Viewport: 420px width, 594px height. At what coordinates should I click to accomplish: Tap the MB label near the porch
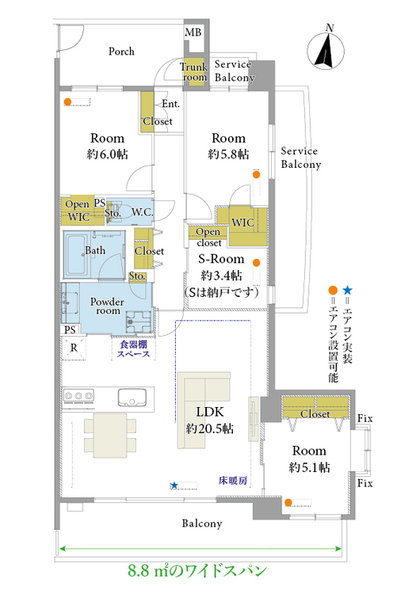pos(193,32)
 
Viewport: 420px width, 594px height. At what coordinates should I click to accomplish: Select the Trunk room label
pos(193,71)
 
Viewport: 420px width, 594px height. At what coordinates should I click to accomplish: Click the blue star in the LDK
pos(174,485)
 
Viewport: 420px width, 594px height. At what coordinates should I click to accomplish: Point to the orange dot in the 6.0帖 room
pos(67,101)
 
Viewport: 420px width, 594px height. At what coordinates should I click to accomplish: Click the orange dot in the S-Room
pos(256,262)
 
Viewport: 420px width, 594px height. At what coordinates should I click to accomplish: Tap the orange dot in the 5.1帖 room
pos(288,503)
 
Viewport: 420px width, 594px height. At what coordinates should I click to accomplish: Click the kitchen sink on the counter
pos(132,398)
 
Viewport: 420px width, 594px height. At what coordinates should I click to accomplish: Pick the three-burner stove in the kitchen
pos(78,396)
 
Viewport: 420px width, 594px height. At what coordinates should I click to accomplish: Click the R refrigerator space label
pos(74,348)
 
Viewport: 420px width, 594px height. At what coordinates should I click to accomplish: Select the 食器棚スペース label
pos(133,349)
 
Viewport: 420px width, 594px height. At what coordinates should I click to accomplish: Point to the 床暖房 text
pos(233,481)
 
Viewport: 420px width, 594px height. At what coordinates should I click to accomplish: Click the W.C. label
pos(142,212)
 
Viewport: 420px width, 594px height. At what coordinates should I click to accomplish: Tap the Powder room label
pos(107,306)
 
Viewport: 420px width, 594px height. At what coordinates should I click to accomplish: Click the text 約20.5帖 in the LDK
pos(210,428)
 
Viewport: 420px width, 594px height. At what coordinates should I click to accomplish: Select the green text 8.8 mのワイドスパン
pos(197,570)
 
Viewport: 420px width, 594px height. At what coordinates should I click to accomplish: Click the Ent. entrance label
pos(170,104)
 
